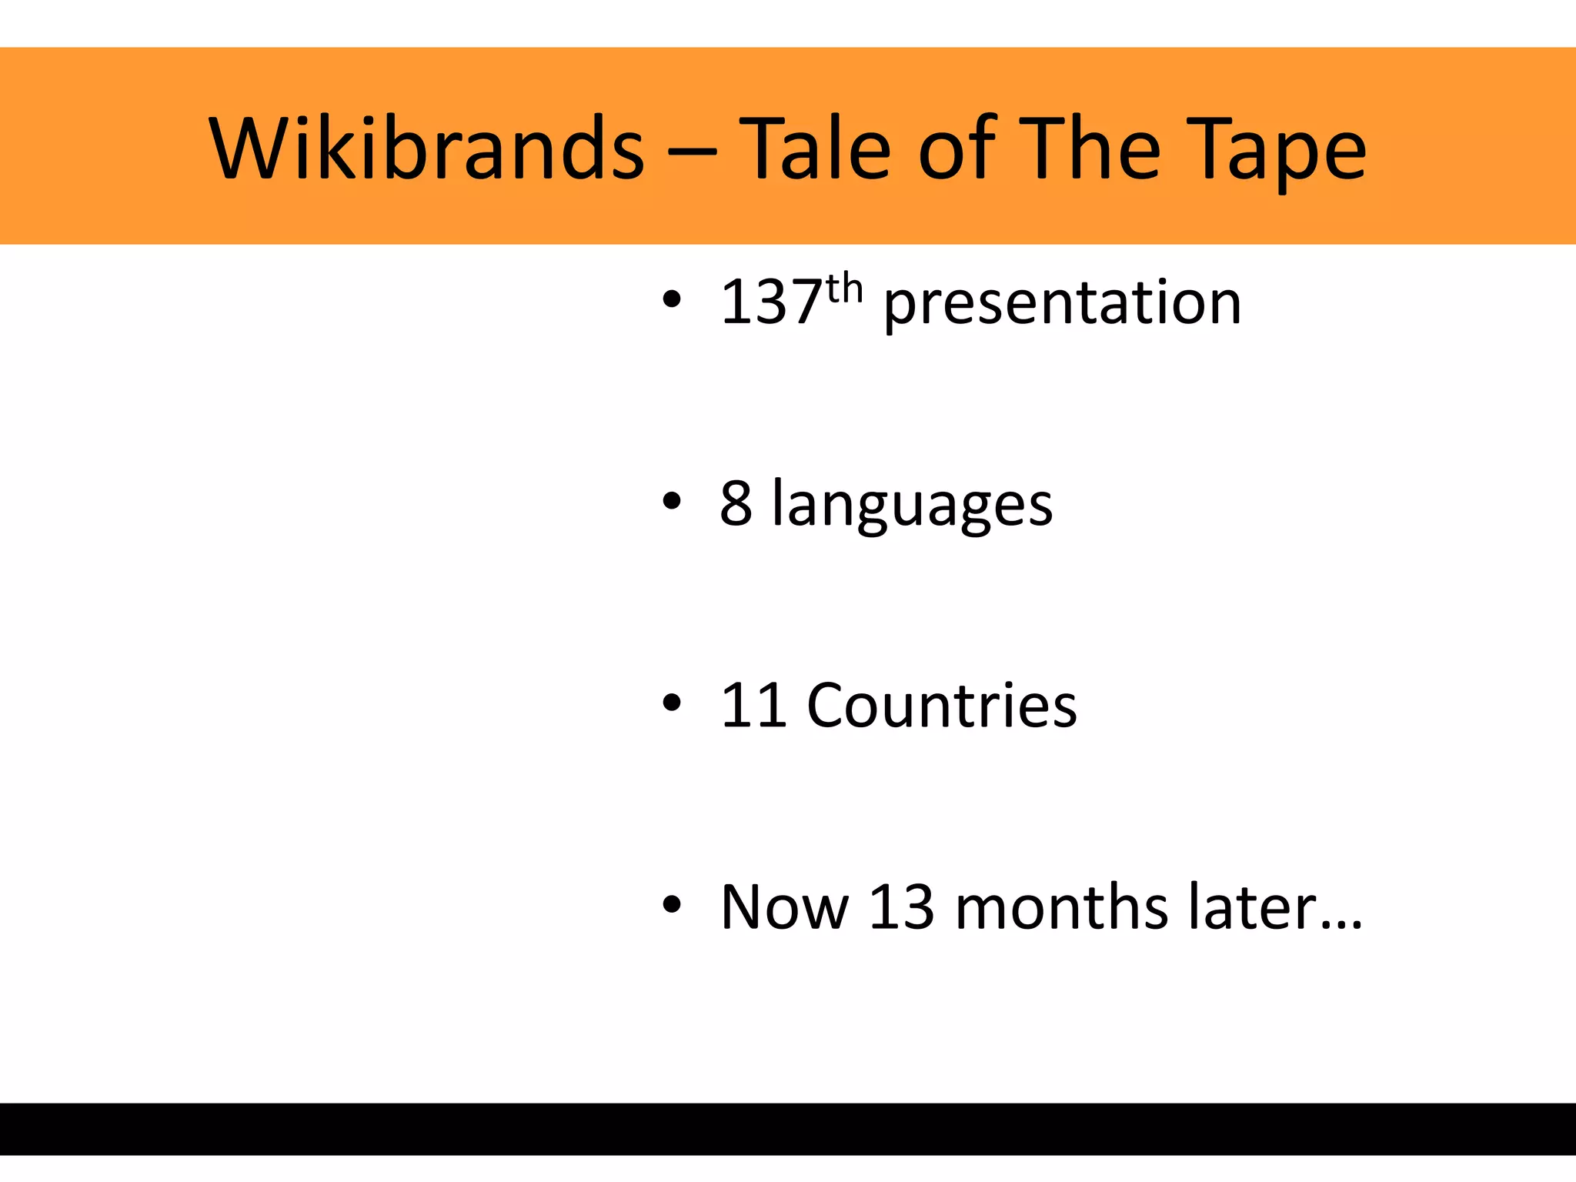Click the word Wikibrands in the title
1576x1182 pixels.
[426, 148]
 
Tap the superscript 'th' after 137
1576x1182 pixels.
[845, 289]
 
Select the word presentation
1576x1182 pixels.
[1062, 305]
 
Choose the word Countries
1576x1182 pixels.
[942, 705]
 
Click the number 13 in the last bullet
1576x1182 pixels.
[901, 907]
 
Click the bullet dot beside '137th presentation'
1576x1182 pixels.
[672, 301]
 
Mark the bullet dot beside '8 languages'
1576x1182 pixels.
[672, 502]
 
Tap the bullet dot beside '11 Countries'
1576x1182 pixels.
[672, 703]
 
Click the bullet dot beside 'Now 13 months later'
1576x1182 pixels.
[672, 905]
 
